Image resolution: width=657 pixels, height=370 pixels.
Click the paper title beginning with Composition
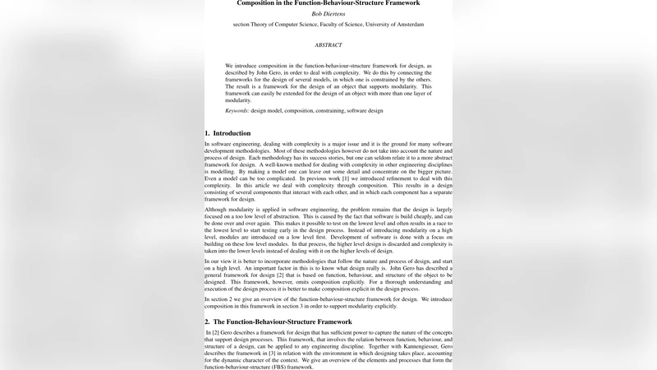(328, 3)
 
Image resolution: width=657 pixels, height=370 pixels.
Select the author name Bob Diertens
(328, 14)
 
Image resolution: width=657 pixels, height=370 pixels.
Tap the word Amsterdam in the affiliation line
(408, 25)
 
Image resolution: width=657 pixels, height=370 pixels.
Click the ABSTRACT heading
(328, 45)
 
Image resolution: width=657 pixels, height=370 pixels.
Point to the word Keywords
(237, 111)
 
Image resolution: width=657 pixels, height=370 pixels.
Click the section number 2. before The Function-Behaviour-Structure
(208, 321)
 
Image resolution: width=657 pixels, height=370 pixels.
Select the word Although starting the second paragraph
(218, 210)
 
